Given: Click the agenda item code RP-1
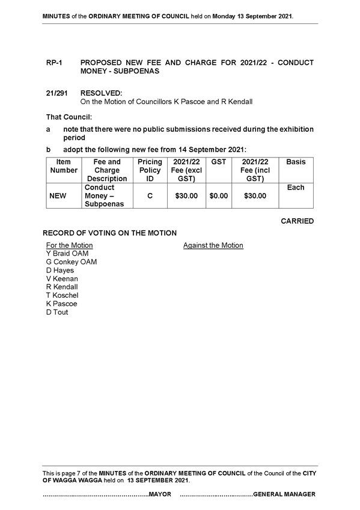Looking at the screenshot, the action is tap(54, 63).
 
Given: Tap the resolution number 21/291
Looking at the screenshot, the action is tap(57, 93).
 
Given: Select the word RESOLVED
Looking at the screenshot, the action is tap(102, 93).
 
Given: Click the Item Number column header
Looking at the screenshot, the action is tap(64, 166).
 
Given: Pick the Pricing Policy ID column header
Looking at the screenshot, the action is tap(150, 170).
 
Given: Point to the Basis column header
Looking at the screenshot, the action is tap(296, 162).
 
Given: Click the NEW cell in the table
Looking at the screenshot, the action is tap(58, 196).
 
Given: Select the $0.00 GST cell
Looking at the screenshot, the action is tap(219, 196).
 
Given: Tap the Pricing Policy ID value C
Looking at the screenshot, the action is tap(150, 196).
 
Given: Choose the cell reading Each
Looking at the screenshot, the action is tap(296, 188).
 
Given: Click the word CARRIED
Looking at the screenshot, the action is tap(297, 221).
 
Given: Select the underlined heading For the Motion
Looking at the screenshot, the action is tap(70, 245).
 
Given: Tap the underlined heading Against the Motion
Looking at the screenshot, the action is tap(213, 245).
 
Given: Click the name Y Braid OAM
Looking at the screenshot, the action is tap(67, 253).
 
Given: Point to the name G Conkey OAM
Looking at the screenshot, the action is tap(72, 262).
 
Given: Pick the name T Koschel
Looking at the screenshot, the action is tap(62, 295).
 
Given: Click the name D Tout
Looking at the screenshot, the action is tap(57, 312).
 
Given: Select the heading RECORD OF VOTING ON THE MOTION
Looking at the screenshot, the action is tap(110, 233).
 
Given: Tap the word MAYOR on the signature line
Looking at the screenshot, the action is tap(160, 494).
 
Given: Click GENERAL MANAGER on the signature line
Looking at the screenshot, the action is tap(284, 494).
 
